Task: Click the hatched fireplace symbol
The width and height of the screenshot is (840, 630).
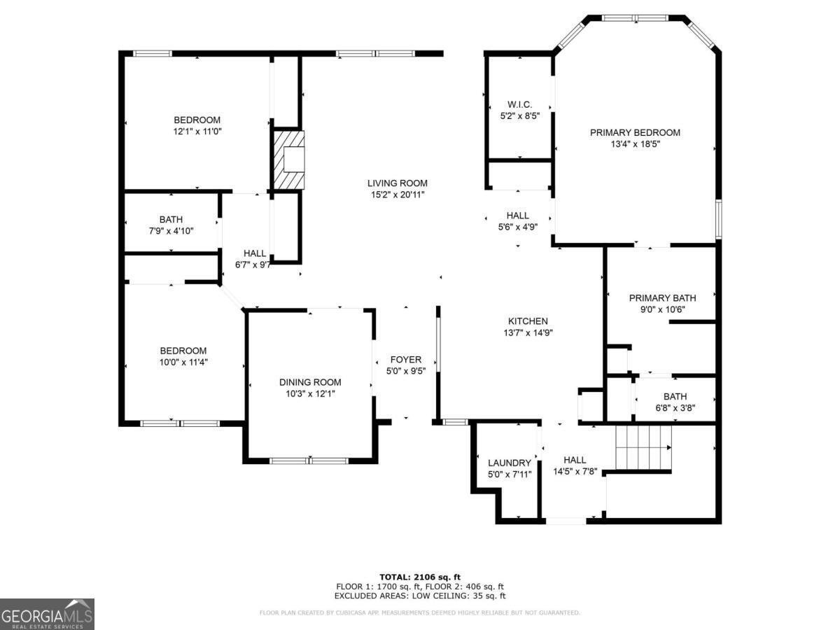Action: [288, 160]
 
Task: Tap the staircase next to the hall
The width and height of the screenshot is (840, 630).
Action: [643, 447]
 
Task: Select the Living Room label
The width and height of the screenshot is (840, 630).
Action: [397, 183]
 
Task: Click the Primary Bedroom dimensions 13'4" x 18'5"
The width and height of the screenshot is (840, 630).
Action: [635, 144]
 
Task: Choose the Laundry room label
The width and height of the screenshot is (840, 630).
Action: [509, 463]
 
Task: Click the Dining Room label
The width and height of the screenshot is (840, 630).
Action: [310, 382]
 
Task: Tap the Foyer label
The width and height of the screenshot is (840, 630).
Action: [405, 360]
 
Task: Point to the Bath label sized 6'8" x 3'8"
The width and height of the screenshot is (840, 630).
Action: [675, 396]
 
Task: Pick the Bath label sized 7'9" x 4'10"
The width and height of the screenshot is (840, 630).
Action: [171, 220]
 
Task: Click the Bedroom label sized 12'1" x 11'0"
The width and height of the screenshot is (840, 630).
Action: [197, 120]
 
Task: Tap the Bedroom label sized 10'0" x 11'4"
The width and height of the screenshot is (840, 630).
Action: [183, 351]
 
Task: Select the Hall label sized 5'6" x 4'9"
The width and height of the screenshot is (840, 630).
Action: [517, 216]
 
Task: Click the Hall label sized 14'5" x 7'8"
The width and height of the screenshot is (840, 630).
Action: [574, 460]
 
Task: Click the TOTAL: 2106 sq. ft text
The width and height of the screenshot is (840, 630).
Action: [420, 577]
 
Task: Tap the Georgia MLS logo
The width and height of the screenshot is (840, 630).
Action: [47, 614]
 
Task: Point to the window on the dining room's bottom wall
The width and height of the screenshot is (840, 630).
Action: [309, 461]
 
